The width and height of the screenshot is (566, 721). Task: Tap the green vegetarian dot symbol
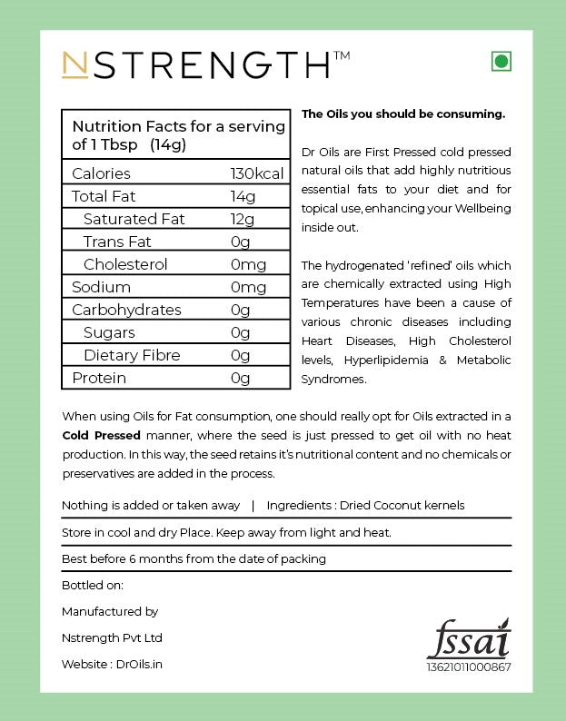(x=500, y=62)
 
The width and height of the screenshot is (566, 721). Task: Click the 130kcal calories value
(x=257, y=173)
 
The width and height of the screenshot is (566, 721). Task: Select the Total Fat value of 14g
(x=243, y=196)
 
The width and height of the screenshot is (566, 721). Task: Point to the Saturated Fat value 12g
(x=243, y=219)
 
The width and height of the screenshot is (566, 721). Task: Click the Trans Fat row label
(x=117, y=242)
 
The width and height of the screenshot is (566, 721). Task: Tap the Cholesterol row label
(x=125, y=264)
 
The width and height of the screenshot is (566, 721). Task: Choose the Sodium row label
(x=101, y=287)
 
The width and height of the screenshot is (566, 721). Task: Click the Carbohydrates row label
(x=126, y=310)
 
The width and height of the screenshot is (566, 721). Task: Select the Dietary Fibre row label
(x=132, y=355)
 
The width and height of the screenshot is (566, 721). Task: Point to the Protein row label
(x=99, y=378)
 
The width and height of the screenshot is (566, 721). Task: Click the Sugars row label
(x=109, y=332)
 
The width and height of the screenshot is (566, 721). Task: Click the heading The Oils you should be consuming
(x=403, y=114)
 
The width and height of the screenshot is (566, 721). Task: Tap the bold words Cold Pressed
(x=101, y=435)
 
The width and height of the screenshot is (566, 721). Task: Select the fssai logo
(x=469, y=638)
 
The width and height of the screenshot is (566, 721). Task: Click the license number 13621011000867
(x=469, y=667)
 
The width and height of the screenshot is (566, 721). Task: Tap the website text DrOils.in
(x=140, y=664)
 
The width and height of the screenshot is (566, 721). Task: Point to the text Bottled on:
(x=93, y=585)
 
